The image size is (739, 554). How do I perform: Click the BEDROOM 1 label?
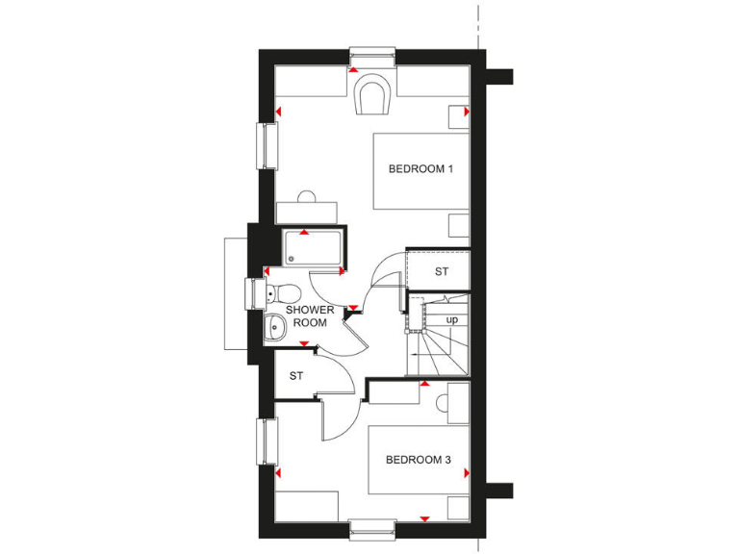[x=420, y=169]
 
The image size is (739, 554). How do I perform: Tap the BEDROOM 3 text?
[x=419, y=460]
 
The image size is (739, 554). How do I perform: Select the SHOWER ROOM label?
[x=310, y=316]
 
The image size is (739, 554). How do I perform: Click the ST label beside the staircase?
[x=441, y=272]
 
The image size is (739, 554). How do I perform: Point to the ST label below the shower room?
[x=296, y=376]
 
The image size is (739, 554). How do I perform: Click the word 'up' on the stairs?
[x=451, y=318]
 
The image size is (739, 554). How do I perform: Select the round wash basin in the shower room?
[x=274, y=328]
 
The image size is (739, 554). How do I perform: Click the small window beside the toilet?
[x=253, y=292]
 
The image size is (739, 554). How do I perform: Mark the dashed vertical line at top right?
[x=477, y=23]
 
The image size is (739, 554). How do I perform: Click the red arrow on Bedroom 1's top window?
[x=354, y=70]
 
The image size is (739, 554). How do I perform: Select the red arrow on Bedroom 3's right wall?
[x=467, y=473]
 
